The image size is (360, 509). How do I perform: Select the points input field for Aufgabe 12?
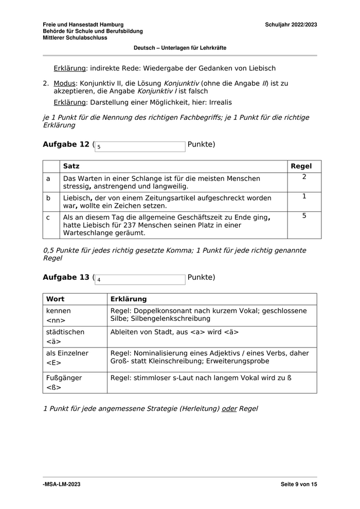pyautogui.click(x=140, y=147)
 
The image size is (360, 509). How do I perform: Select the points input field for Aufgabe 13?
pyautogui.click(x=140, y=280)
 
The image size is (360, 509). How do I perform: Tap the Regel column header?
pyautogui.click(x=301, y=166)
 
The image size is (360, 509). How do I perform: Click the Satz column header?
pyautogui.click(x=71, y=166)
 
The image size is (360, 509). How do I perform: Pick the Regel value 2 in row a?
pyautogui.click(x=304, y=177)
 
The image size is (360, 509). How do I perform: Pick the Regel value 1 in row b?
pyautogui.click(x=304, y=196)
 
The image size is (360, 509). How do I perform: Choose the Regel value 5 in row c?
pyautogui.click(x=304, y=216)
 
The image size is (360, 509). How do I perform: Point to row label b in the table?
pyautogui.click(x=48, y=198)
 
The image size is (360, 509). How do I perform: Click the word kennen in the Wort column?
pyautogui.click(x=59, y=311)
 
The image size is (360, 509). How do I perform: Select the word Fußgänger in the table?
pyautogui.click(x=64, y=378)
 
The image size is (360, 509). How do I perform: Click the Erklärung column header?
pyautogui.click(x=128, y=299)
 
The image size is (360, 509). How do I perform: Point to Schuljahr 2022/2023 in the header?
pyautogui.click(x=291, y=25)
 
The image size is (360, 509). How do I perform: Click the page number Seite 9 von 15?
pyautogui.click(x=299, y=484)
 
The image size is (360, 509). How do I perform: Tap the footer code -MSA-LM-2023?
pyautogui.click(x=61, y=484)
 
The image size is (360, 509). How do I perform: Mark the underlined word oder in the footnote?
pyautogui.click(x=229, y=409)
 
